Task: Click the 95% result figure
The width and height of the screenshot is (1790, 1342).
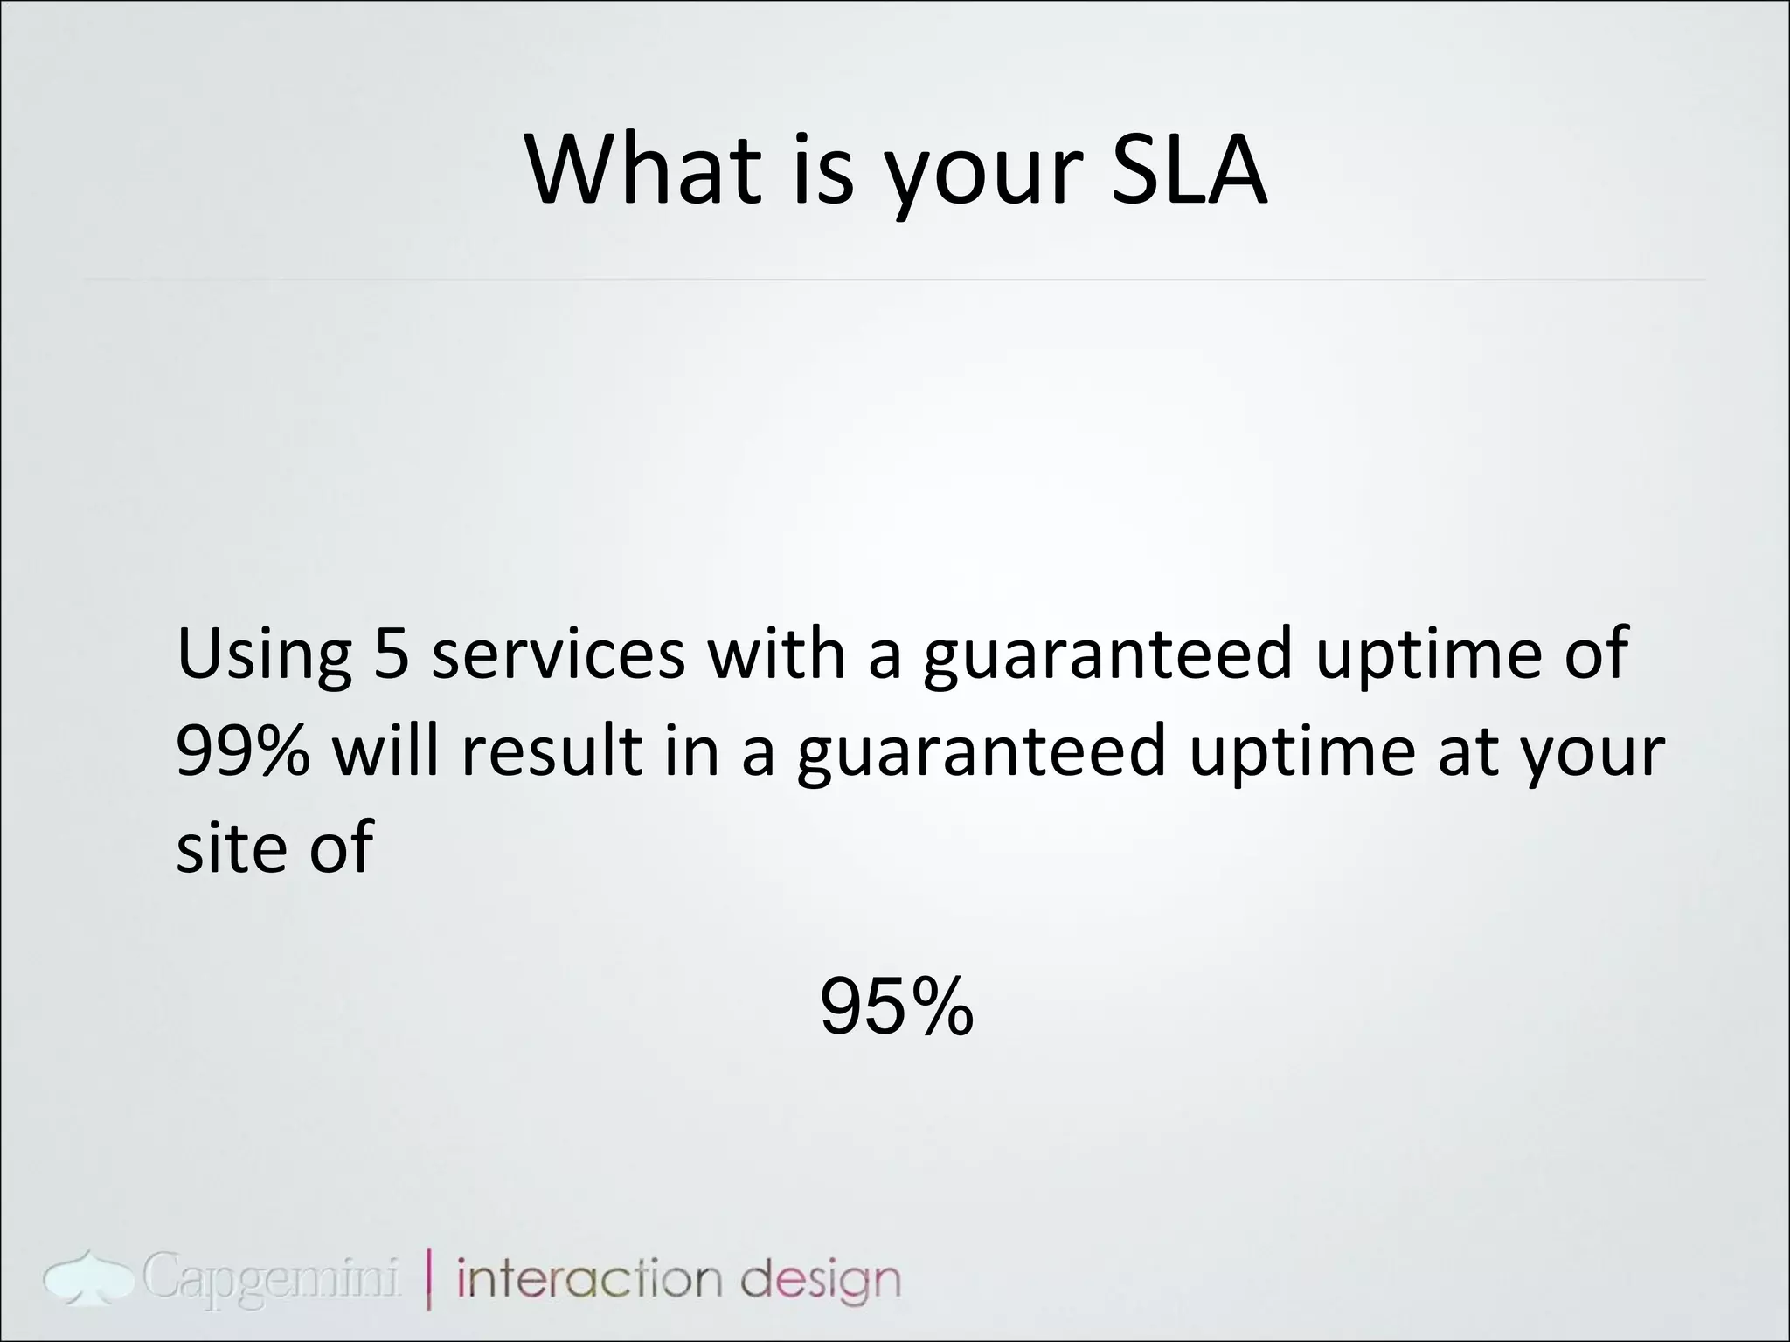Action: click(x=897, y=1007)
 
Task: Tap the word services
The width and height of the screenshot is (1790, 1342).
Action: click(x=559, y=655)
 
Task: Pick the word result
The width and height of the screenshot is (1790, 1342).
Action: click(x=551, y=751)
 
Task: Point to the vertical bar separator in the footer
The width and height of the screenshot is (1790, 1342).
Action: click(x=429, y=1280)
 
